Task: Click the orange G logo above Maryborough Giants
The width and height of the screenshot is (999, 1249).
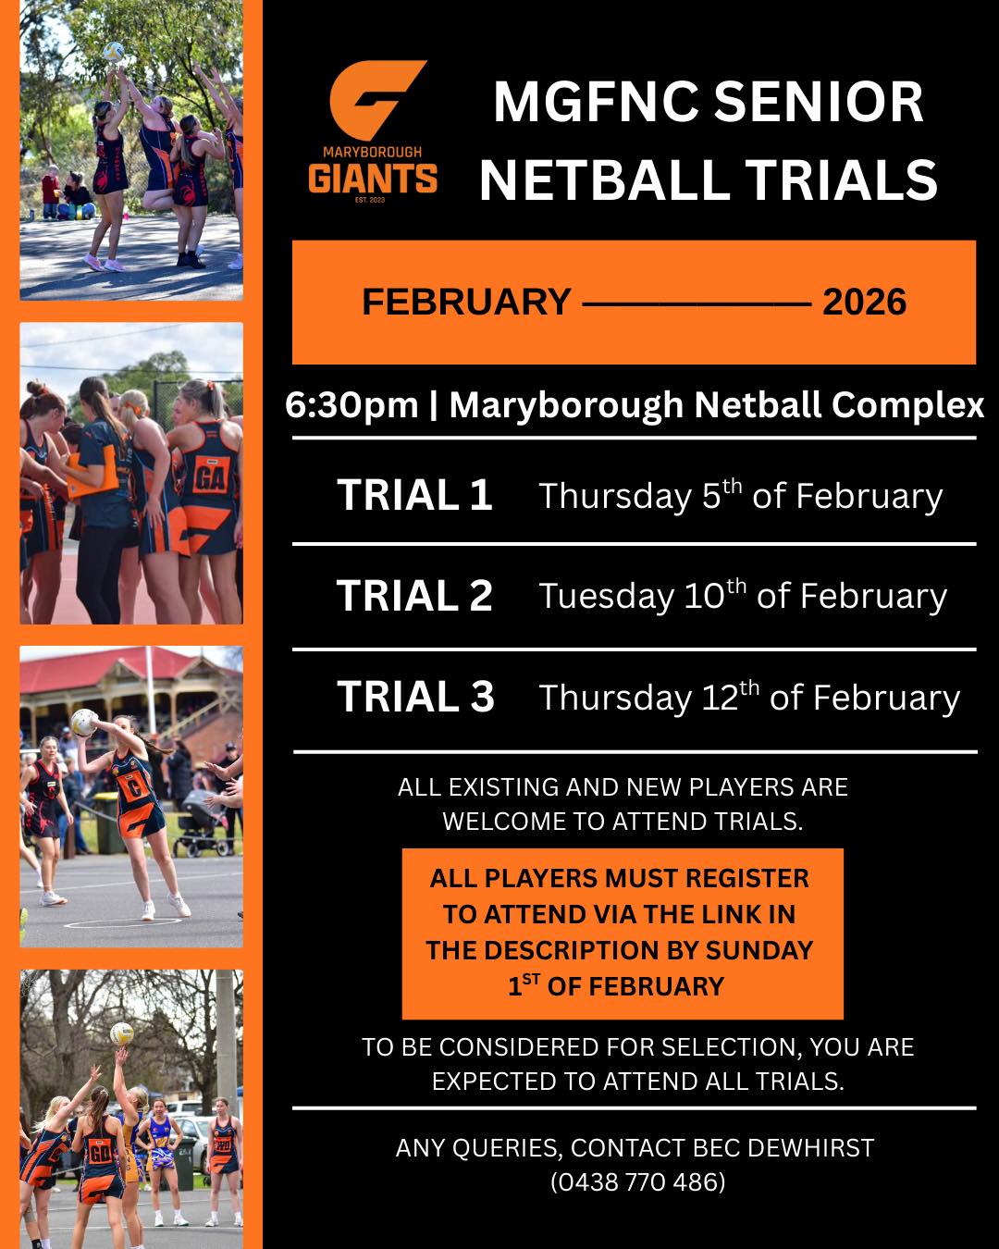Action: pyautogui.click(x=375, y=100)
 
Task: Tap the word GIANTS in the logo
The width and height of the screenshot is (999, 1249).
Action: pyautogui.click(x=373, y=179)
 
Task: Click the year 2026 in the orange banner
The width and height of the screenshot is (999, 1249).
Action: pyautogui.click(x=864, y=302)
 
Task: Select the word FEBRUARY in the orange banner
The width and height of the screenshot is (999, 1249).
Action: pyautogui.click(x=467, y=302)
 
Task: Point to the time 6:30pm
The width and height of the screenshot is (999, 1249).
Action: pyautogui.click(x=351, y=404)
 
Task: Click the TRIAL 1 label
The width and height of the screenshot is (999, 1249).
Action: pyautogui.click(x=414, y=495)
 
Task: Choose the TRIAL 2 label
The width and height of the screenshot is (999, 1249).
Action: pyautogui.click(x=414, y=596)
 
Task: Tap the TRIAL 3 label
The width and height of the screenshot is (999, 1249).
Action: pyautogui.click(x=415, y=697)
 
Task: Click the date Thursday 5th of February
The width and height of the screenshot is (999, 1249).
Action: pyautogui.click(x=741, y=496)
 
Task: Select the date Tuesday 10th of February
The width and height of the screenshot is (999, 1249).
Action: pyautogui.click(x=743, y=596)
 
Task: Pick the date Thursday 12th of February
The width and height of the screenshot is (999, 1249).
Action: pyautogui.click(x=749, y=697)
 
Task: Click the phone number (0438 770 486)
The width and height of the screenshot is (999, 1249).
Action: pyautogui.click(x=637, y=1182)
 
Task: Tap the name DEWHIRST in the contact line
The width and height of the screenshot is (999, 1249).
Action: pyautogui.click(x=811, y=1148)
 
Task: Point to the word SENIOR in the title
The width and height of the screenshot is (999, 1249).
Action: pyautogui.click(x=818, y=102)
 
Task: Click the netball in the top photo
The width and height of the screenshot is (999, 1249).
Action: pyautogui.click(x=114, y=52)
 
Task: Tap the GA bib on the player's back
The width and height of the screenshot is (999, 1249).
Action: pyautogui.click(x=210, y=476)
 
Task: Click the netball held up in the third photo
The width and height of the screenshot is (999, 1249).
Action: pyautogui.click(x=83, y=723)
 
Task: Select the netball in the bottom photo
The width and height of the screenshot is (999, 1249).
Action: pyautogui.click(x=122, y=1033)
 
